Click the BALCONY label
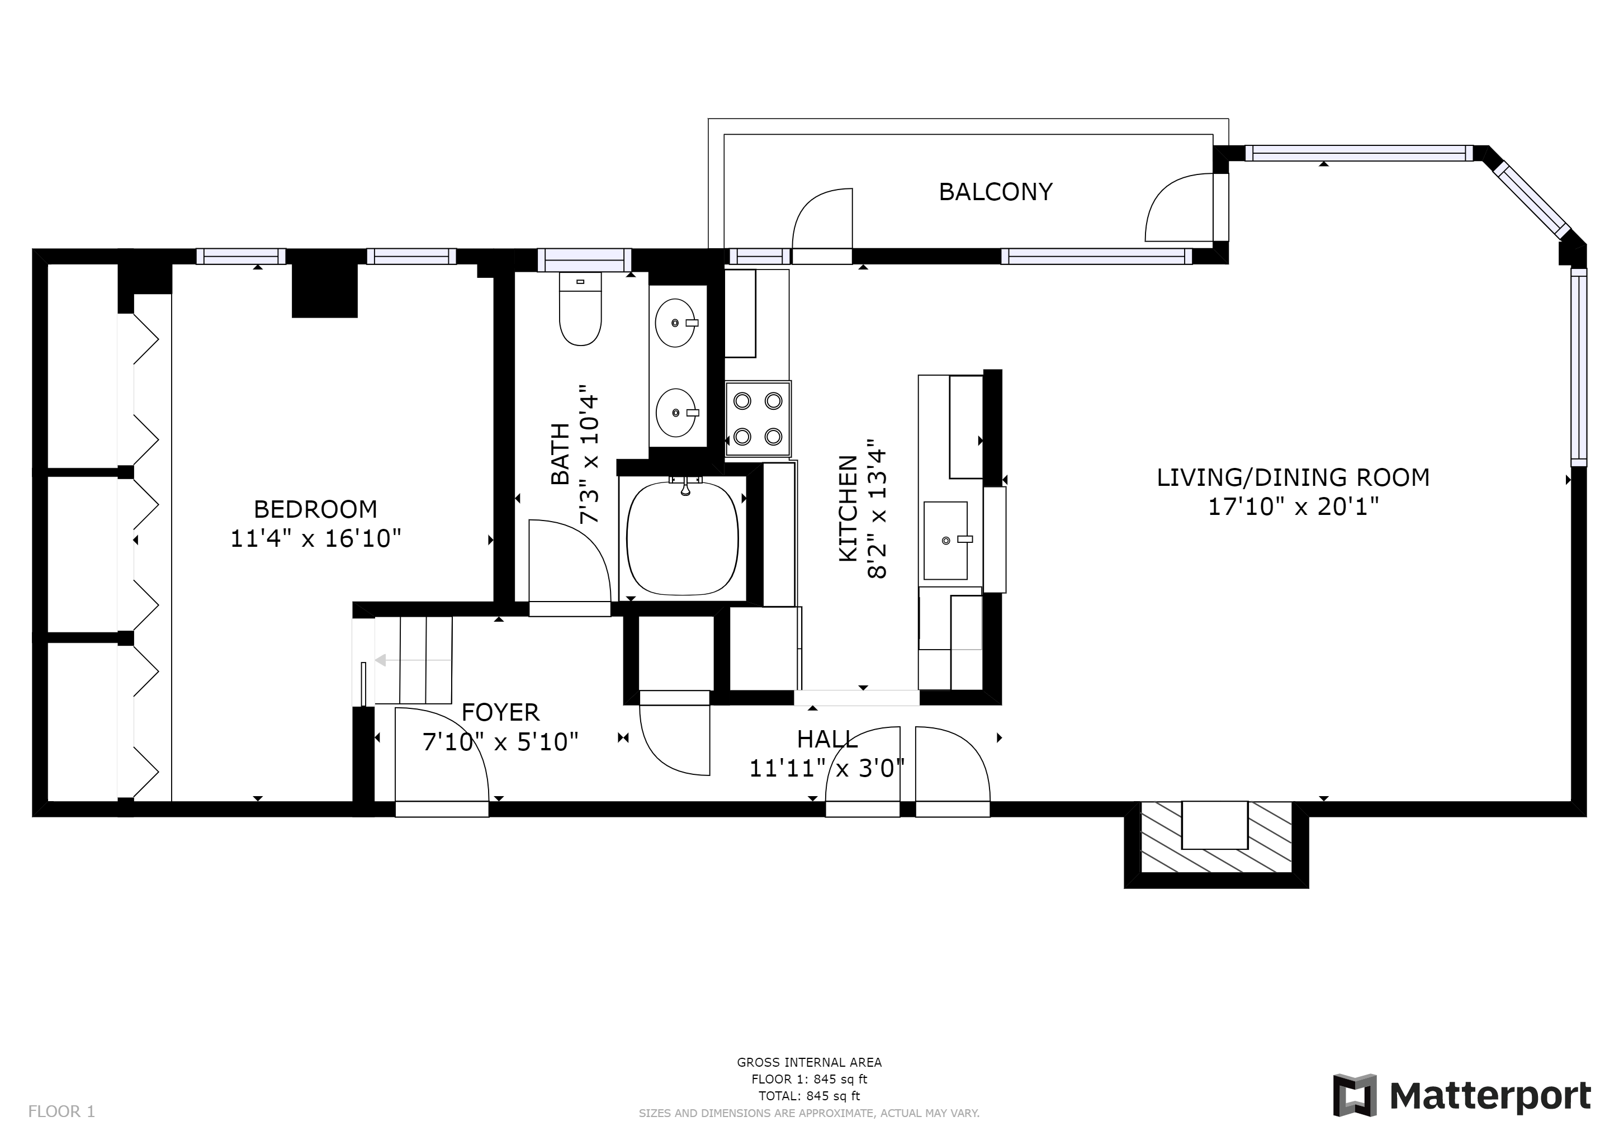click(x=996, y=192)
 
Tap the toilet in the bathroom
click(x=580, y=309)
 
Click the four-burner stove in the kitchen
click(x=758, y=419)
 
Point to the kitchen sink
click(x=945, y=541)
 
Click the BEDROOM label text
click(x=315, y=509)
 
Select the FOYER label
click(x=501, y=713)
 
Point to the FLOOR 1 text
click(x=61, y=1112)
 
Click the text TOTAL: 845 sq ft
click(x=809, y=1096)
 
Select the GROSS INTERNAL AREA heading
click(x=809, y=1062)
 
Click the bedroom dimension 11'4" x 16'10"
click(x=316, y=538)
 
